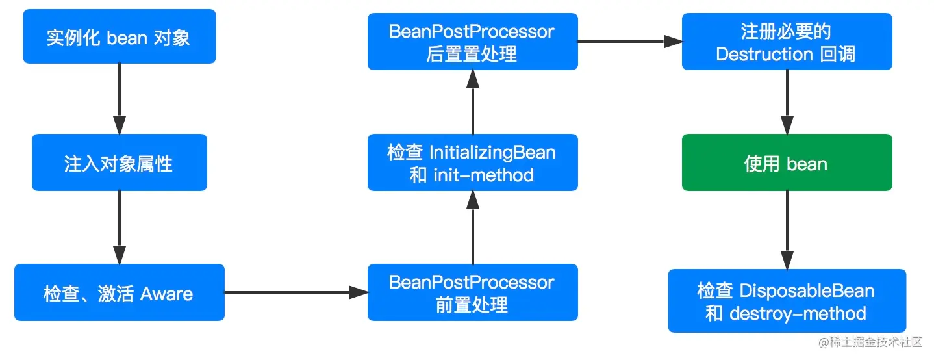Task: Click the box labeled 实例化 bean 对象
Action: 119,36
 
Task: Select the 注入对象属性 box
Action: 119,162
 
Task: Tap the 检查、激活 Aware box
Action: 119,292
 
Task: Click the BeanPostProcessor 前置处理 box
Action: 472,292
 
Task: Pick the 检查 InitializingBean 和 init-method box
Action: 472,162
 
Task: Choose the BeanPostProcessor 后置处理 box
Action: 472,42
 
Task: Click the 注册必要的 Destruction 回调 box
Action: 787,42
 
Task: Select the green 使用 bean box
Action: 787,162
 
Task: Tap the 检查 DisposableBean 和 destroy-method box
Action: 787,301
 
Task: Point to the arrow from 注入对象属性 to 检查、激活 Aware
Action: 119,227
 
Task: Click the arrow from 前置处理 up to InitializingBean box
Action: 473,227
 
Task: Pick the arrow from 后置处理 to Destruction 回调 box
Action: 630,42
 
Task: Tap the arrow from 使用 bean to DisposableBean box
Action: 787,230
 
